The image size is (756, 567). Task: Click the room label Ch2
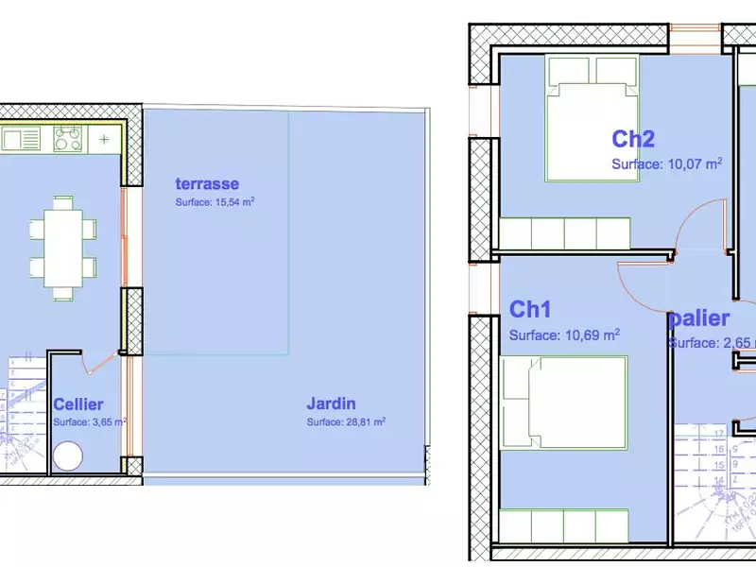tap(633, 139)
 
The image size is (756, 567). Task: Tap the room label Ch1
tap(530, 309)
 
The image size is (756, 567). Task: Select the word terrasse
tap(207, 183)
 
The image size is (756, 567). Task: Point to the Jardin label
tap(331, 403)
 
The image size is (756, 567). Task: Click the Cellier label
tap(78, 404)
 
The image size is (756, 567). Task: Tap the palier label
tap(700, 318)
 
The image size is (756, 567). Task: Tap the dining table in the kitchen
tap(63, 246)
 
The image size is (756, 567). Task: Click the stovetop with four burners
tap(67, 140)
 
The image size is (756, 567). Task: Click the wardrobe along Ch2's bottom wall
tap(564, 232)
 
